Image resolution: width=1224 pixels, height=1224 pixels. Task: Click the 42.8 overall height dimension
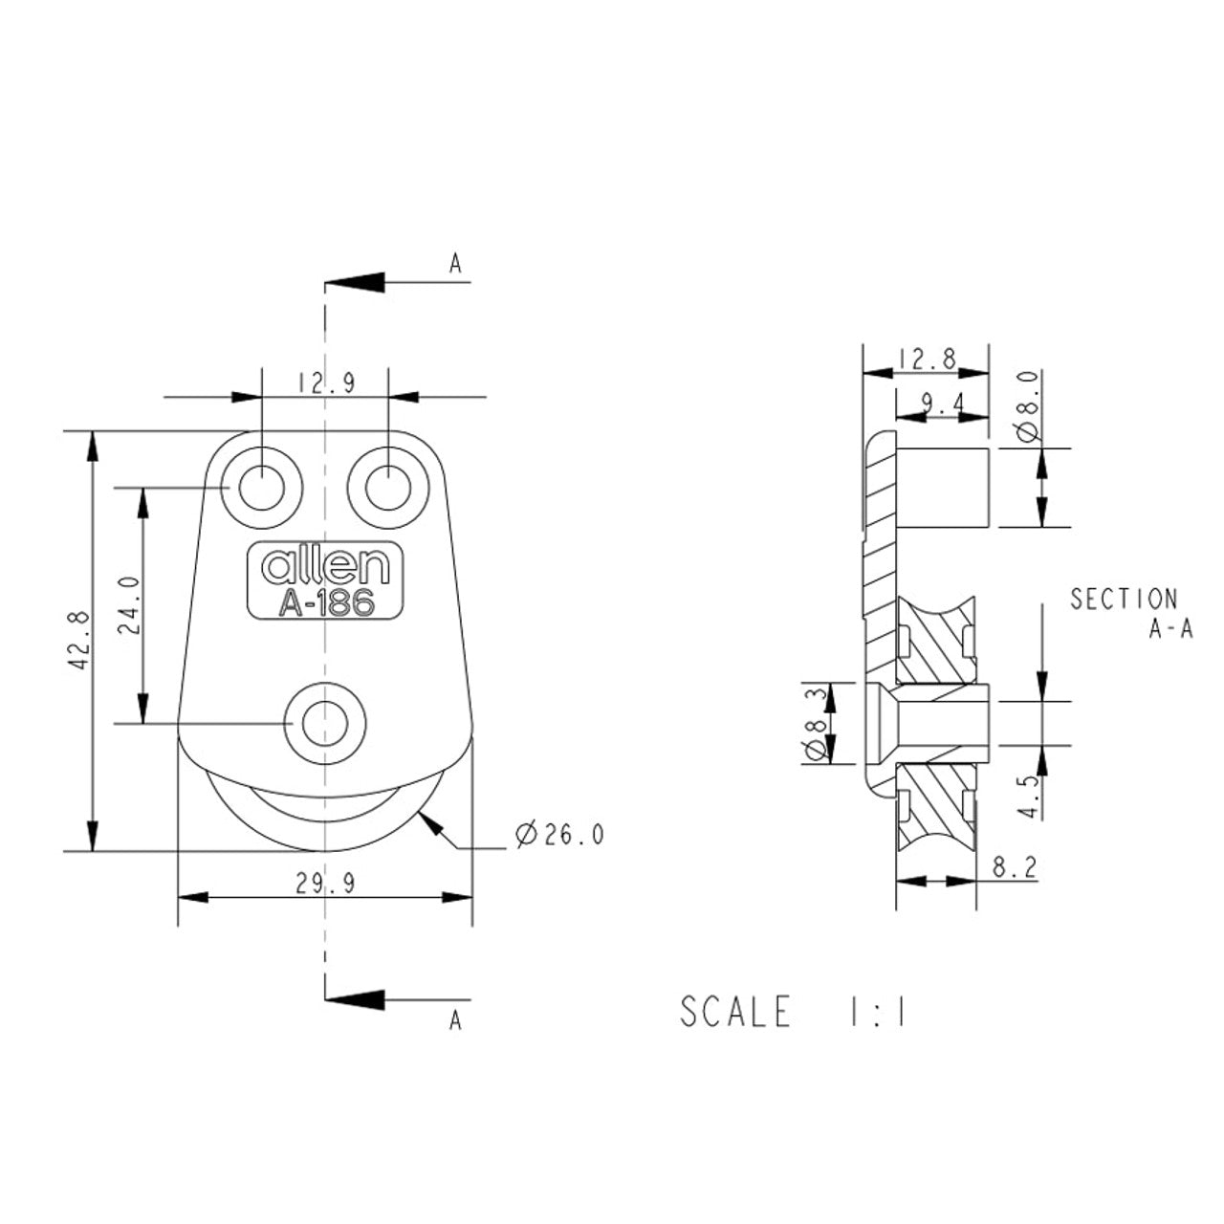click(x=80, y=641)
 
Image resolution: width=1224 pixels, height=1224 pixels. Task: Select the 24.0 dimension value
click(x=129, y=605)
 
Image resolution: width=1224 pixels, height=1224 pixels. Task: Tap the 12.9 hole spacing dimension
click(x=327, y=383)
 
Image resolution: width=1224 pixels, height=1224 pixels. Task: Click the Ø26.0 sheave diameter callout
click(x=559, y=835)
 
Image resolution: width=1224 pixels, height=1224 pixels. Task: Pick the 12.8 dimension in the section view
click(x=925, y=361)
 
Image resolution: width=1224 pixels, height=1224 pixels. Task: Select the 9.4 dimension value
click(x=943, y=404)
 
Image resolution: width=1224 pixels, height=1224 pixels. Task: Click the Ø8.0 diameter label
click(x=1028, y=405)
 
